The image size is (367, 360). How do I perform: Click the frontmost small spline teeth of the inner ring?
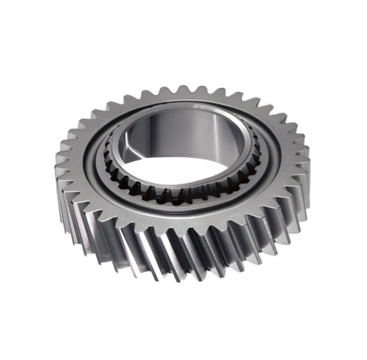[183, 196]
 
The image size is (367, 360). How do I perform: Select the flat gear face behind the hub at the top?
[183, 103]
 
